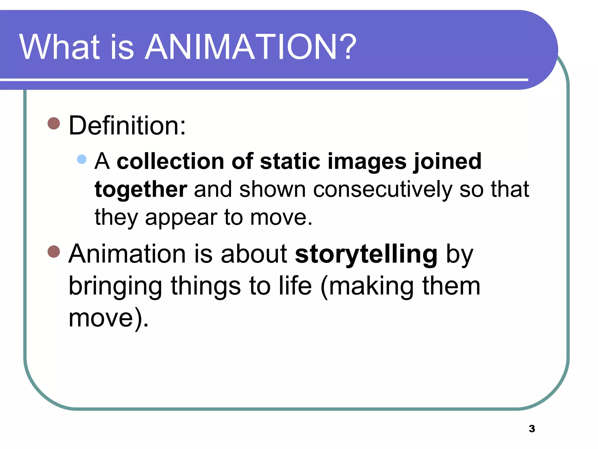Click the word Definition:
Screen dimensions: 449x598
click(127, 126)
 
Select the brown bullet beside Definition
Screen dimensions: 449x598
click(54, 124)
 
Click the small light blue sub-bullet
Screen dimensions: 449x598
click(82, 159)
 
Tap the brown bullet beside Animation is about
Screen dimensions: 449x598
click(54, 251)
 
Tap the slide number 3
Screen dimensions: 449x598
click(532, 429)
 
